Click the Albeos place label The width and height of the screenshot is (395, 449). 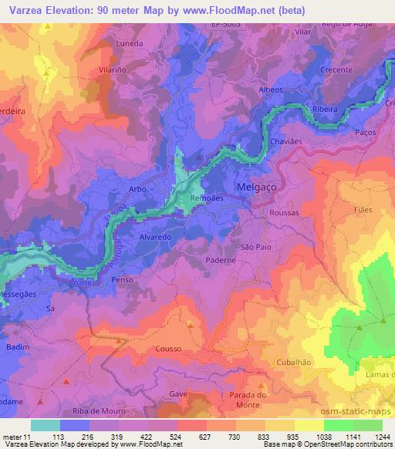[271, 90]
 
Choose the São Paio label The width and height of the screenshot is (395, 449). [256, 246]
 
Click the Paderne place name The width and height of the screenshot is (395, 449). [221, 262]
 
